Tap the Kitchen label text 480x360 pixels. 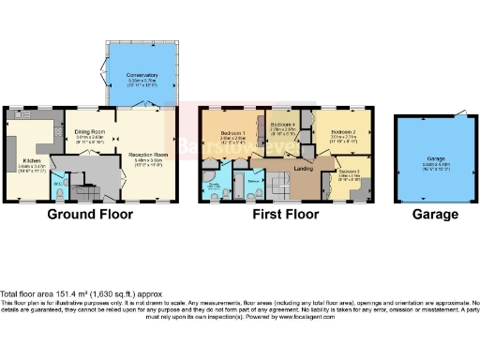click(x=27, y=161)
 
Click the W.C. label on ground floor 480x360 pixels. click(x=59, y=183)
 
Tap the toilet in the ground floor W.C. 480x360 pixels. click(x=59, y=193)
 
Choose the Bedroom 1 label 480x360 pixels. click(x=232, y=135)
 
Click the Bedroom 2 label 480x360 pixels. click(x=341, y=135)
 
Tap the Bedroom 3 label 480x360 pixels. click(x=349, y=172)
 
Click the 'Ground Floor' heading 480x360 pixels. click(x=90, y=215)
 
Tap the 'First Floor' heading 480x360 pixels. click(x=286, y=215)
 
